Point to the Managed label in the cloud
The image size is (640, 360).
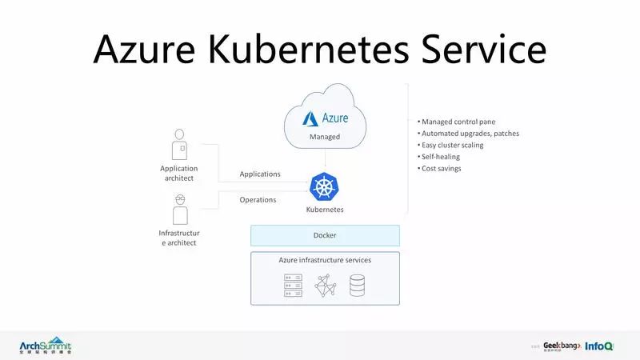(325, 137)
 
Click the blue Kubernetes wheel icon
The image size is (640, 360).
(325, 187)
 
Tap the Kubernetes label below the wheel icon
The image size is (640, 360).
(325, 210)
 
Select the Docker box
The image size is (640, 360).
(325, 235)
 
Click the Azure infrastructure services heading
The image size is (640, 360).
(325, 260)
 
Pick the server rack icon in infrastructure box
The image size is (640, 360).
(293, 286)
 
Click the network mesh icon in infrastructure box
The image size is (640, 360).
(325, 286)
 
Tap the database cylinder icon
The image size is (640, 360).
(357, 286)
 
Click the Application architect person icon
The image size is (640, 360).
(179, 145)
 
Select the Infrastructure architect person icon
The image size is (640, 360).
(179, 210)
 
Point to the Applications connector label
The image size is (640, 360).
(260, 174)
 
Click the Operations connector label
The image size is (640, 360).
(258, 200)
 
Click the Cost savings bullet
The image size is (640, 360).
(440, 168)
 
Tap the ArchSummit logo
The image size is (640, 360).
(46, 345)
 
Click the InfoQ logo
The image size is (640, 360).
(599, 346)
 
